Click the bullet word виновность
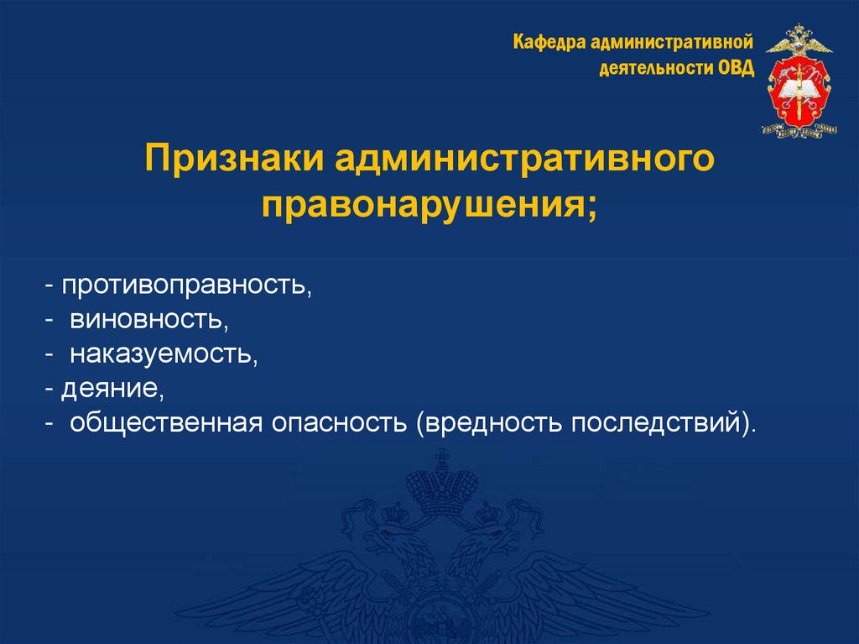pyautogui.click(x=146, y=320)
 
